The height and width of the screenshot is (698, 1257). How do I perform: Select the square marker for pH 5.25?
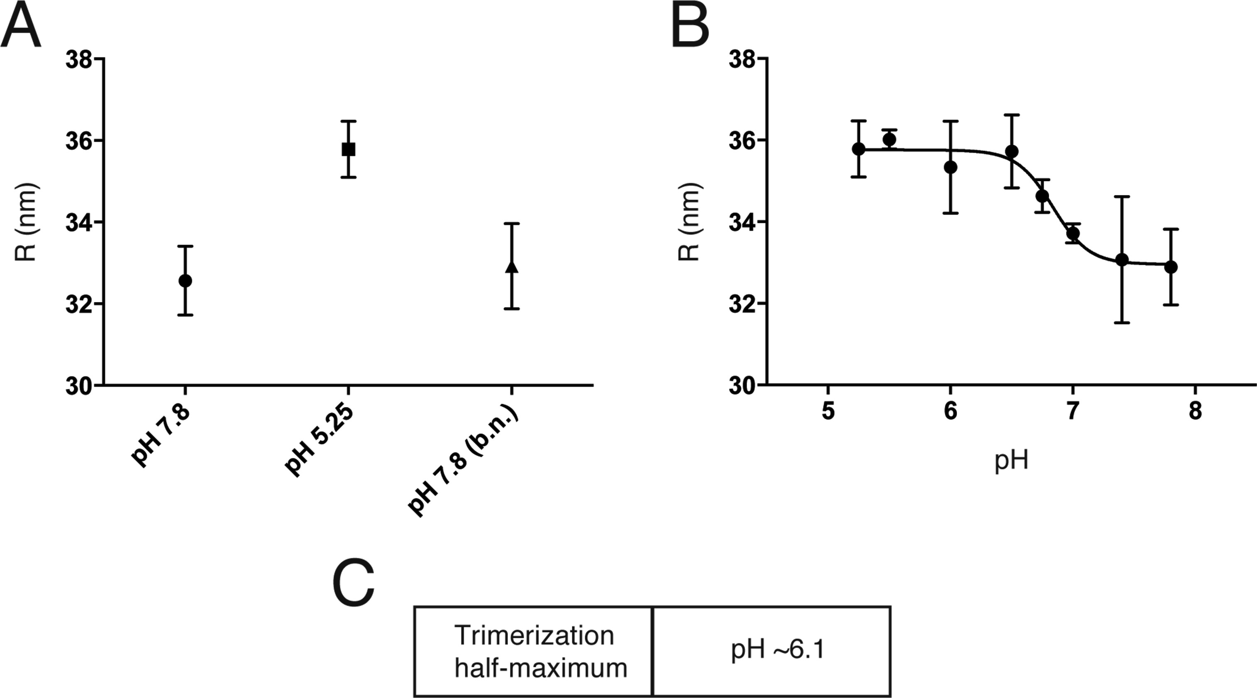point(349,149)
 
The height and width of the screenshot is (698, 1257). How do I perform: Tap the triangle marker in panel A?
point(511,266)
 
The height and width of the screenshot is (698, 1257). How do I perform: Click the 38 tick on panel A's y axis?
point(80,59)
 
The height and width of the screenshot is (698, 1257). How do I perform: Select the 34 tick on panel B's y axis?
point(744,222)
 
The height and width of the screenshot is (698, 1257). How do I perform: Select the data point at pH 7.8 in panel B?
point(1171,267)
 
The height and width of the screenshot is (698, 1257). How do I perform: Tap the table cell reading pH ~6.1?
point(777,651)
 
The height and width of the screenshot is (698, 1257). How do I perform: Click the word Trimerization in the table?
point(535,635)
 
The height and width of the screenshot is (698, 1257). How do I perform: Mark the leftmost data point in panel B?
point(859,149)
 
